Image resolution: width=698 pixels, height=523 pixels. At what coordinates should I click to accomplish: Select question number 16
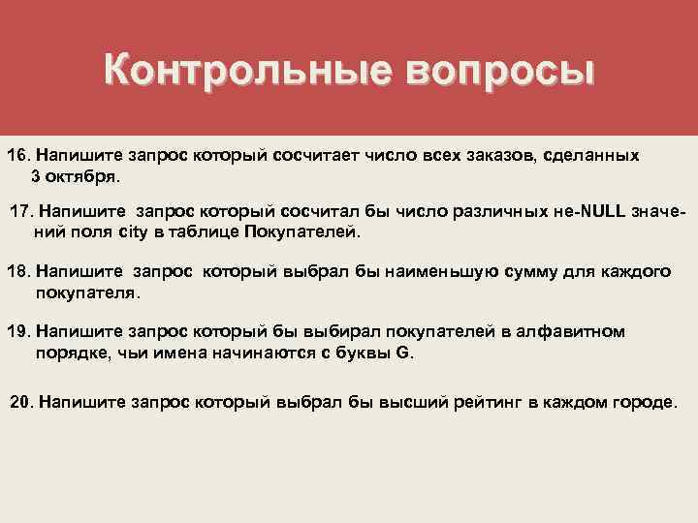[x=19, y=156]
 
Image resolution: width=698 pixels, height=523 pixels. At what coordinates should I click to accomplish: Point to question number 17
[x=21, y=212]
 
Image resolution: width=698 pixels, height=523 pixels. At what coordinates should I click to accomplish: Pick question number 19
[x=19, y=332]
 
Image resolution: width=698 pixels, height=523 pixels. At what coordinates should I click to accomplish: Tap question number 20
[x=22, y=402]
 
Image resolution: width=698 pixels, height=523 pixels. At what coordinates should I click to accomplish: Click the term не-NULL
[x=567, y=212]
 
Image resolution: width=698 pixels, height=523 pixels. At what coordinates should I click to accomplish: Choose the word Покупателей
[x=301, y=233]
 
